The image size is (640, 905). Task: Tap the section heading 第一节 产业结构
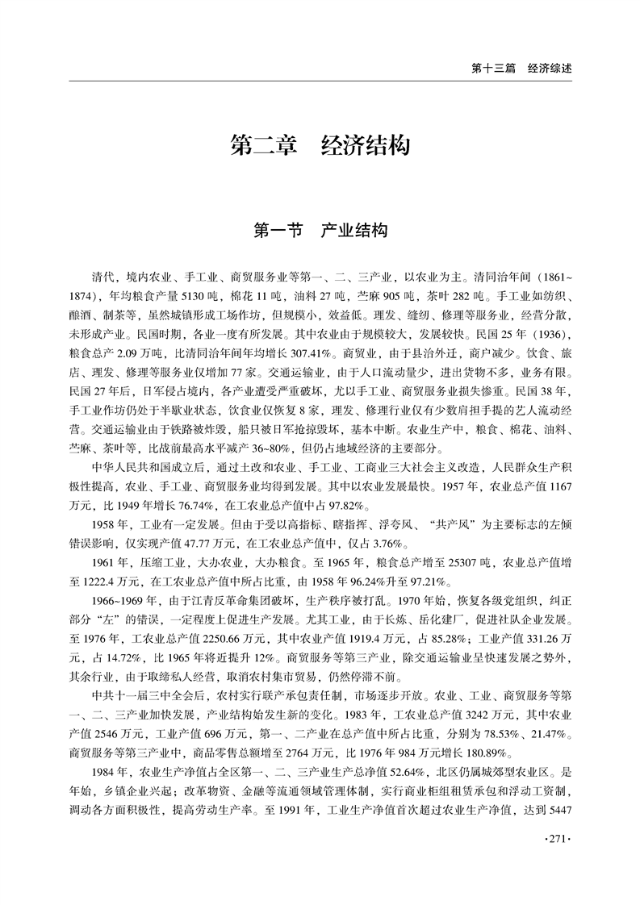320,231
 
